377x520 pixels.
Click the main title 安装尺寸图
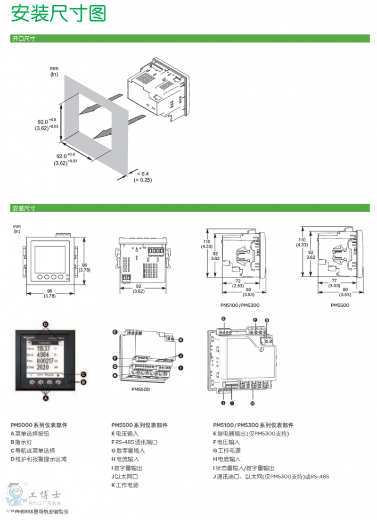pos(58,14)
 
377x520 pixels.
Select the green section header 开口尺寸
pos(24,39)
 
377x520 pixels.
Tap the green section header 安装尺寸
pos(24,208)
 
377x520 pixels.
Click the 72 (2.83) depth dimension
pos(238,283)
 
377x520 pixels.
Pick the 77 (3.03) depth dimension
pos(334,283)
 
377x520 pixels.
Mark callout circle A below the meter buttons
pos(46,398)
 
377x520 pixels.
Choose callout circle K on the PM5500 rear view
pos(180,339)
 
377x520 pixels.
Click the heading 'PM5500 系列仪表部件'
pos(139,425)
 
